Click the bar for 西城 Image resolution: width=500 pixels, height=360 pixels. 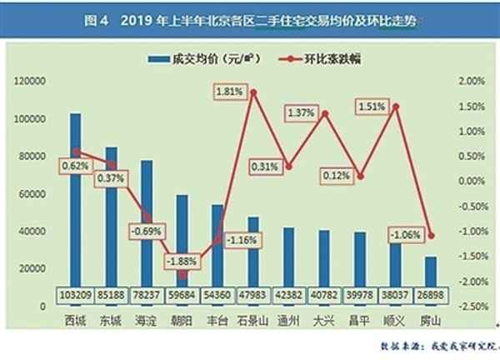pyautogui.click(x=75, y=200)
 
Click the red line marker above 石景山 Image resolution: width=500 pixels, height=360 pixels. pyautogui.click(x=253, y=92)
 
